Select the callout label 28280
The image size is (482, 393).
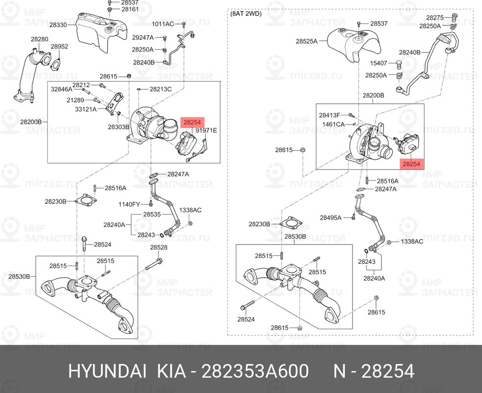[40, 39]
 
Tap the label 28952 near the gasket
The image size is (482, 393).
[59, 46]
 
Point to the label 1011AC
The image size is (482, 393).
[163, 24]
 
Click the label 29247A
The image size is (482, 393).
[143, 37]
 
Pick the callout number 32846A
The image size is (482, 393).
[61, 89]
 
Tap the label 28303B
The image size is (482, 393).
[119, 126]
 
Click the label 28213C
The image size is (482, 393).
[161, 89]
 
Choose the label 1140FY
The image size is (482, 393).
[129, 204]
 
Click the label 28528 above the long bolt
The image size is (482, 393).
[159, 247]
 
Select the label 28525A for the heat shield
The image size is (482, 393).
[306, 41]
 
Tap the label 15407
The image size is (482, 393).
[379, 63]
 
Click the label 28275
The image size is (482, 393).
[434, 17]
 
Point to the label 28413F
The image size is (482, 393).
[330, 115]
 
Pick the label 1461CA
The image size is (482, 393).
[334, 124]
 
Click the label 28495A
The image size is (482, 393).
[331, 217]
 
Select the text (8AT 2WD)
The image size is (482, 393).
[246, 14]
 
